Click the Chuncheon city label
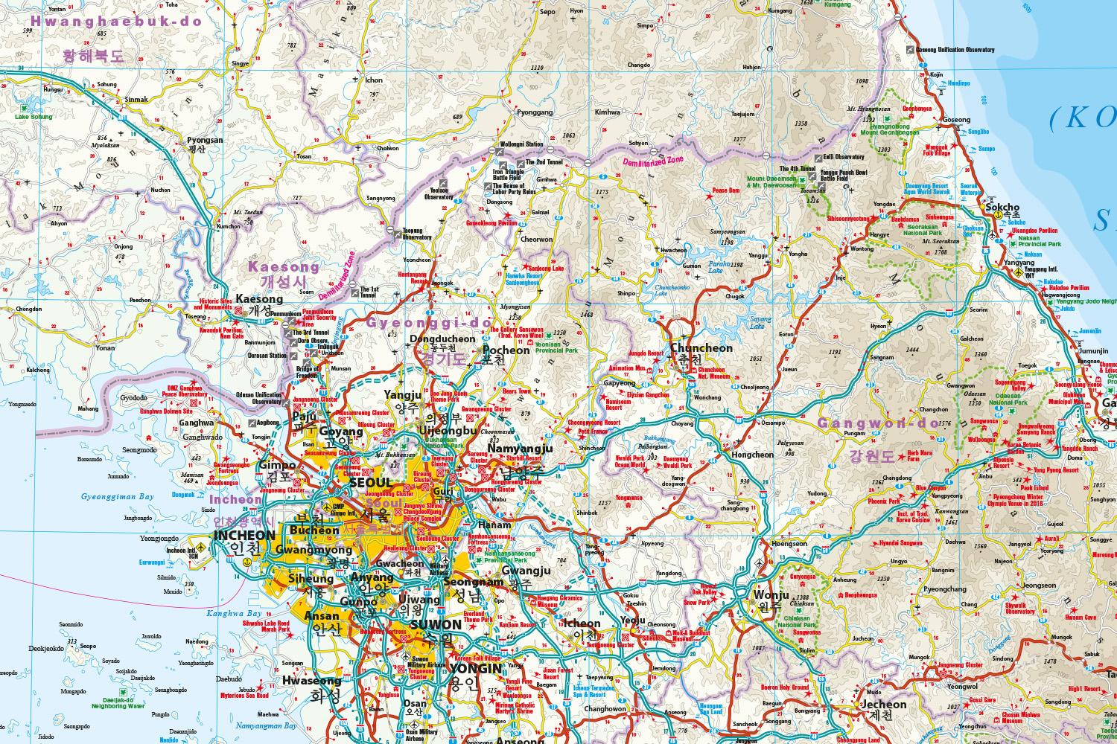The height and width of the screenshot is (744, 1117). tap(701, 348)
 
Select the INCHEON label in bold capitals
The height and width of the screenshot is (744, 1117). tap(244, 535)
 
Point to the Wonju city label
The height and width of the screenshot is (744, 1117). tap(770, 595)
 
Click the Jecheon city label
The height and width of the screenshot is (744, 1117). tap(884, 704)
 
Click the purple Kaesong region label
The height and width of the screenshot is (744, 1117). tap(283, 266)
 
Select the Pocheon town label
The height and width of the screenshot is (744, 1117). tap(506, 350)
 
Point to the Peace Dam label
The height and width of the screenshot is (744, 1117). tap(725, 190)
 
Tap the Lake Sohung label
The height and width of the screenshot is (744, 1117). tap(34, 117)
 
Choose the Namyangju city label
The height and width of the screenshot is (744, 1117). tap(521, 449)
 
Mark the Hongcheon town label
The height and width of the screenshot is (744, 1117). tap(752, 454)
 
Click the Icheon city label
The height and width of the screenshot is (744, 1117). tap(582, 623)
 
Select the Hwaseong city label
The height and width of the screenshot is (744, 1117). tap(311, 680)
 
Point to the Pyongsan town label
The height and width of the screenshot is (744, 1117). tap(205, 140)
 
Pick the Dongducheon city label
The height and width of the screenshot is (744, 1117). tap(442, 339)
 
